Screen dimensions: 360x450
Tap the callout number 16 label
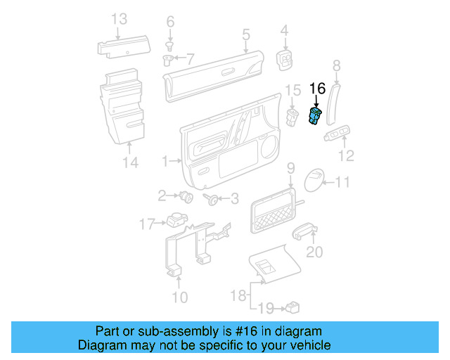(x=318, y=89)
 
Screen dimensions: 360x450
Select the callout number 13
(x=119, y=19)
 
